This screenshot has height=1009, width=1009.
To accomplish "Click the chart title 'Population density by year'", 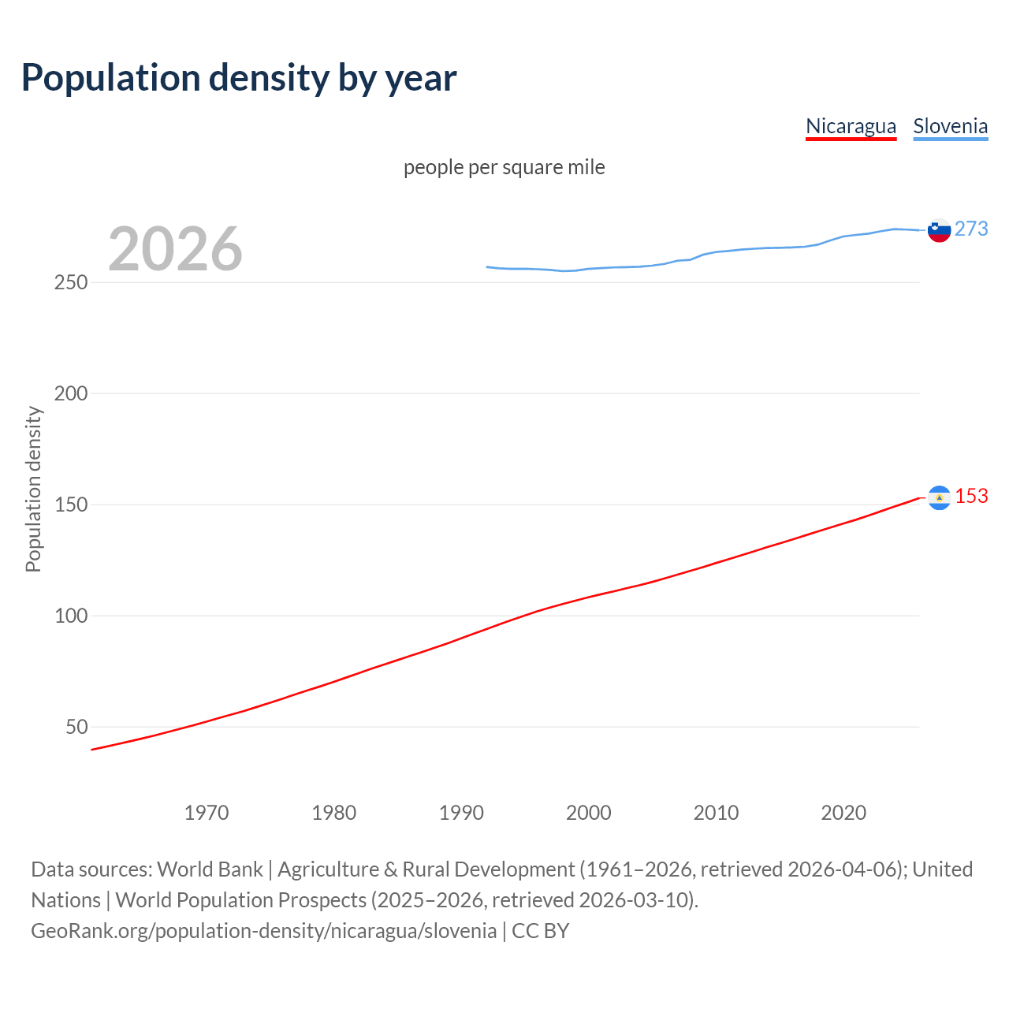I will point(239,77).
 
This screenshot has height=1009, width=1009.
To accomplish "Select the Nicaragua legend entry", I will point(851,126).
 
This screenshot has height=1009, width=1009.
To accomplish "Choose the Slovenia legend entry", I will point(950,126).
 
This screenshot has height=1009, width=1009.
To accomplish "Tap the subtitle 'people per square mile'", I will point(504,167).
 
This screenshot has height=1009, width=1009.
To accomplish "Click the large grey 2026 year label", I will point(175,249).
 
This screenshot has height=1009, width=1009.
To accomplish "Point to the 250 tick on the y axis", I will point(71,282).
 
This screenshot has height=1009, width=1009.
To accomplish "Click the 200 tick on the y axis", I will point(71,393).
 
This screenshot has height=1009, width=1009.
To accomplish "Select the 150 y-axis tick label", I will point(71,504).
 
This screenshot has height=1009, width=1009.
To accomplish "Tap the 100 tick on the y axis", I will point(71,616).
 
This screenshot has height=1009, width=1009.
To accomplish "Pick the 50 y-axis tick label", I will point(76,727).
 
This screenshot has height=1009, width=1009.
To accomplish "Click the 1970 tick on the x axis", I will point(207,813).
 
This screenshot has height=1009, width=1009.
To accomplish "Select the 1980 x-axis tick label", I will point(333,813).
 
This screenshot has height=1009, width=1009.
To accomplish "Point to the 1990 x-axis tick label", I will point(461,813).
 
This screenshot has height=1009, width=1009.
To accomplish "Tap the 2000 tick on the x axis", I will point(589,813).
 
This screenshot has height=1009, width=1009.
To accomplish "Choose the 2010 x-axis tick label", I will point(716,813).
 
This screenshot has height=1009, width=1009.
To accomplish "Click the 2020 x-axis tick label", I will point(843,813).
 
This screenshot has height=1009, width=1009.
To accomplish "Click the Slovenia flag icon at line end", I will point(939,230).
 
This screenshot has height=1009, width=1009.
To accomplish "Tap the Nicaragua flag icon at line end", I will point(939,497).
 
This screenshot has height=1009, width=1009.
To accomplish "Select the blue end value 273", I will point(971,229).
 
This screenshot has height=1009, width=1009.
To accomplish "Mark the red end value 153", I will point(971,496).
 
